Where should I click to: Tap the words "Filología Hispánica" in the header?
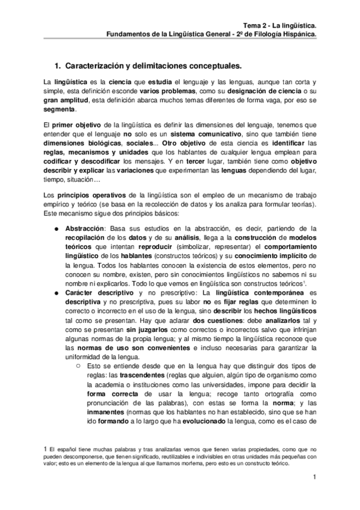click(285, 34)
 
